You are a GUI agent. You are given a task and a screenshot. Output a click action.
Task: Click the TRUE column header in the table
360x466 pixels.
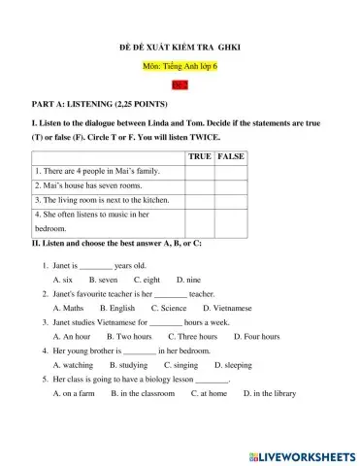[x=200, y=156]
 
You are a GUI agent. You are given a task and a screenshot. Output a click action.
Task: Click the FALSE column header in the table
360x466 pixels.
[x=230, y=156]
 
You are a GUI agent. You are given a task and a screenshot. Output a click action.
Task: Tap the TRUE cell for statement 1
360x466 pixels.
[x=200, y=171]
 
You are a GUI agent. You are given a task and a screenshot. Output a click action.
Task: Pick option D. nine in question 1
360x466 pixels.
[x=188, y=279]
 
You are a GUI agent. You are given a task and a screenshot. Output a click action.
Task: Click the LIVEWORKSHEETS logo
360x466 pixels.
[x=302, y=454]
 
